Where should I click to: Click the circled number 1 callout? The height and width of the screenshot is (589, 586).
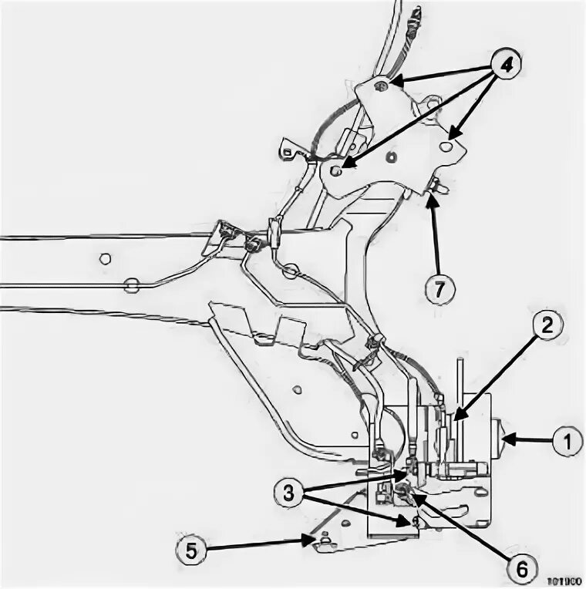click(x=565, y=442)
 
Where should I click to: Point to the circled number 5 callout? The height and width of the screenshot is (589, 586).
click(x=191, y=550)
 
